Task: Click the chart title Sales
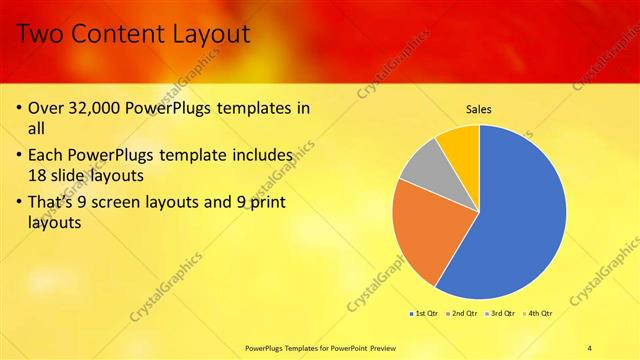479,109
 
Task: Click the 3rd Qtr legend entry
500,313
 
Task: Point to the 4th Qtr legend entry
538,313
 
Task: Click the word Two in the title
42,35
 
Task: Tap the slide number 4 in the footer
589,347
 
